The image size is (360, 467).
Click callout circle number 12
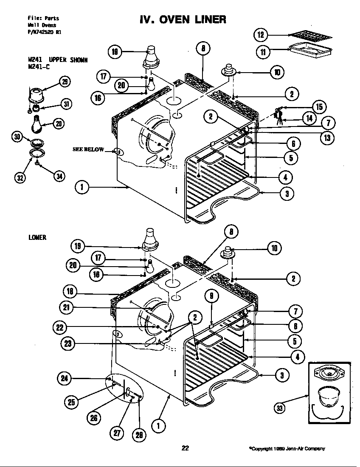click(x=261, y=34)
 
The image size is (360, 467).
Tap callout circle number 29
click(x=65, y=82)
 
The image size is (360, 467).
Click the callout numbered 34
click(x=59, y=176)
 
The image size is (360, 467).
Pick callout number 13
click(x=328, y=137)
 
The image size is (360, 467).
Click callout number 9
click(x=211, y=296)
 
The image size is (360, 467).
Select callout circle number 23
click(x=68, y=344)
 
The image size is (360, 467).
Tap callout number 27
click(x=116, y=433)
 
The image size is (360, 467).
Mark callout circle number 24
click(x=65, y=377)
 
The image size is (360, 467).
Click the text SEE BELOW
click(x=88, y=149)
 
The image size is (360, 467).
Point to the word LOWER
click(x=37, y=237)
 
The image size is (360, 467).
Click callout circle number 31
click(x=65, y=103)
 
